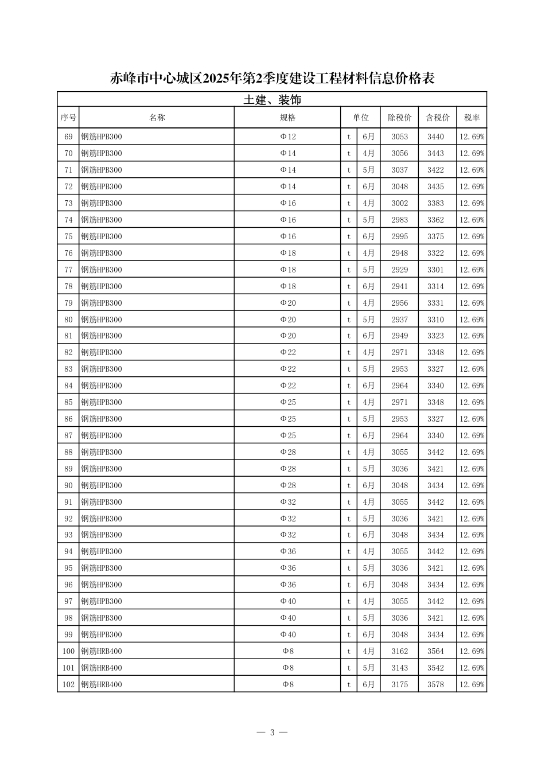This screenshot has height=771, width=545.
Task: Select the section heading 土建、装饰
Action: click(272, 100)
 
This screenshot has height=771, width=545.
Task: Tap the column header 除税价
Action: click(399, 118)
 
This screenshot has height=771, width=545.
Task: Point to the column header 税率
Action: click(472, 118)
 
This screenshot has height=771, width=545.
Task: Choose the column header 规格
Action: click(287, 118)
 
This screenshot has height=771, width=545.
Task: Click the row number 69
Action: click(68, 137)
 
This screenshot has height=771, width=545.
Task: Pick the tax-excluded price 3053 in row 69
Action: click(399, 137)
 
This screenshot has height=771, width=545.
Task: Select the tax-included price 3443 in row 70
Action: click(435, 153)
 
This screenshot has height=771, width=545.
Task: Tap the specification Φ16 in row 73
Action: click(287, 203)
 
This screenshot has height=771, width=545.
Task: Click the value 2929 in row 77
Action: click(399, 270)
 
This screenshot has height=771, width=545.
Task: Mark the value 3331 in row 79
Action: click(435, 303)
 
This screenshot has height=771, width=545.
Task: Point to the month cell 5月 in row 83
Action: click(368, 369)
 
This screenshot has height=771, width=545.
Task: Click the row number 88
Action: click(68, 452)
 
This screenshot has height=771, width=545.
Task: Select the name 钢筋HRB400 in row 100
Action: click(102, 651)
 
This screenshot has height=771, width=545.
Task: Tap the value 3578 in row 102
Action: click(435, 684)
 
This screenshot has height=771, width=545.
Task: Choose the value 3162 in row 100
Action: click(399, 651)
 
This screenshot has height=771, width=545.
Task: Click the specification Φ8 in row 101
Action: click(287, 668)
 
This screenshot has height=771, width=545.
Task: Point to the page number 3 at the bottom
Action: click(272, 732)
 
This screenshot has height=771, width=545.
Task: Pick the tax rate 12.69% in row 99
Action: click(472, 634)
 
